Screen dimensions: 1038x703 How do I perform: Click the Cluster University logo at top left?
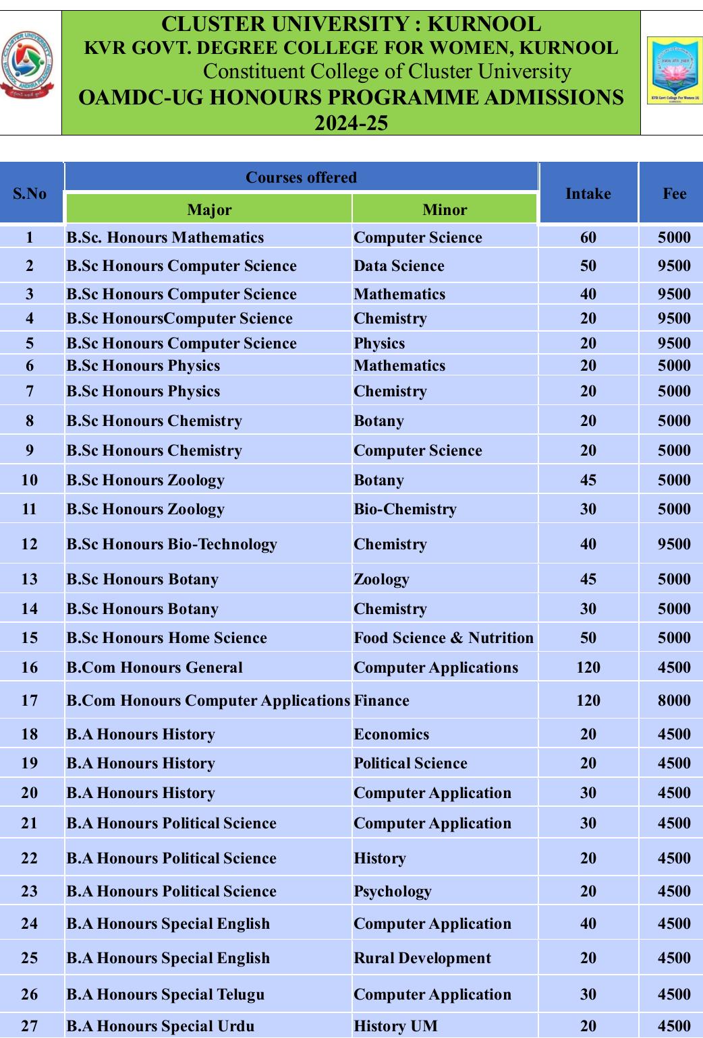[28, 65]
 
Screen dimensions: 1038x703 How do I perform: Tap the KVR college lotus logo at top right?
[674, 71]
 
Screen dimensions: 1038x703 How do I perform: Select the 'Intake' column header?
[588, 193]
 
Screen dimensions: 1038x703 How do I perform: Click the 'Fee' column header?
[674, 193]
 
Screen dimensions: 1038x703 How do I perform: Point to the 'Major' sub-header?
[209, 210]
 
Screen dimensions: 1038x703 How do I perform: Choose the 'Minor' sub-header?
[445, 210]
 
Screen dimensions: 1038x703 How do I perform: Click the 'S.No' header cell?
[30, 193]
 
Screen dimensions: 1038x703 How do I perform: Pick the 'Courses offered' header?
[301, 177]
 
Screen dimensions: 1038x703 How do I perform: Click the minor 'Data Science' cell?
[399, 266]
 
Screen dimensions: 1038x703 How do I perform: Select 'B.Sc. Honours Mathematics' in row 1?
[165, 237]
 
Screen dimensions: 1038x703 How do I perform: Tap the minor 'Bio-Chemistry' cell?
[405, 509]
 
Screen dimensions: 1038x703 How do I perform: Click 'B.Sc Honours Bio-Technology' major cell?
[171, 544]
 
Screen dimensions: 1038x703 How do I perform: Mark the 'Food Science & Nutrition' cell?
[443, 638]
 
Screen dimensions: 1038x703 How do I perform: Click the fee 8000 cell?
[674, 700]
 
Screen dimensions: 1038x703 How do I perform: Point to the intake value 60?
[588, 237]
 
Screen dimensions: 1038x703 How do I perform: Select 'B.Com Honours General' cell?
[154, 667]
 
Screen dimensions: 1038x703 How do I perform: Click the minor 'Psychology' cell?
[392, 891]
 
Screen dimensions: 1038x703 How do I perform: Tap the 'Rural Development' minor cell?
[422, 958]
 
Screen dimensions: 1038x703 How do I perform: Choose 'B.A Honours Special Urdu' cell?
[161, 1026]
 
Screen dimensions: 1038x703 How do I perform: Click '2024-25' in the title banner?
[351, 123]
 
